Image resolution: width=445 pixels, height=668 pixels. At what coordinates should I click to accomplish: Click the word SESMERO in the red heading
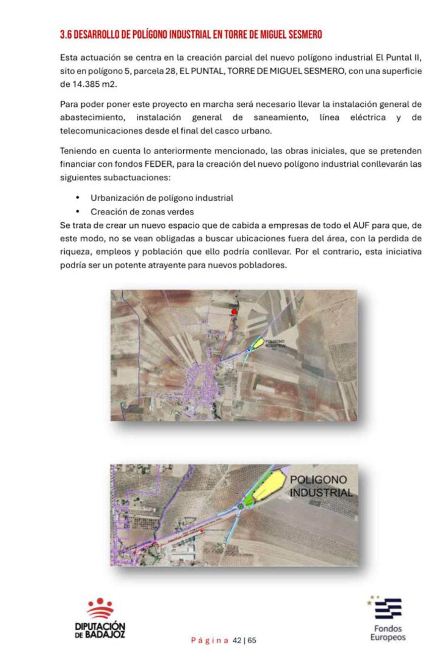[x=305, y=35]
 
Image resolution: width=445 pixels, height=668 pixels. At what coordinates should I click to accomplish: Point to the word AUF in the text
[x=360, y=225]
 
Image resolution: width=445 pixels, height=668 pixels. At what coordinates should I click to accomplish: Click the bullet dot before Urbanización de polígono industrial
[x=78, y=198]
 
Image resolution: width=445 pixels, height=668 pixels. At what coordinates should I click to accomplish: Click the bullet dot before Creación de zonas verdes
[x=78, y=211]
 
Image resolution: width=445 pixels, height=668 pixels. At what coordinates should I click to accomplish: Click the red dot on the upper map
[x=234, y=312]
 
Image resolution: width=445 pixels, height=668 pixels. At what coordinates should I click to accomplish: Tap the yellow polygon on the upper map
[x=258, y=343]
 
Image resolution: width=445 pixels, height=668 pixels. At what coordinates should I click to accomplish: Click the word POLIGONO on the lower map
[x=318, y=480]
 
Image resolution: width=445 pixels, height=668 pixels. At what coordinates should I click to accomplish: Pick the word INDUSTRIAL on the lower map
[x=321, y=493]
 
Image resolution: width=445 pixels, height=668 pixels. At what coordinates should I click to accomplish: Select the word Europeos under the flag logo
[x=388, y=637]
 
